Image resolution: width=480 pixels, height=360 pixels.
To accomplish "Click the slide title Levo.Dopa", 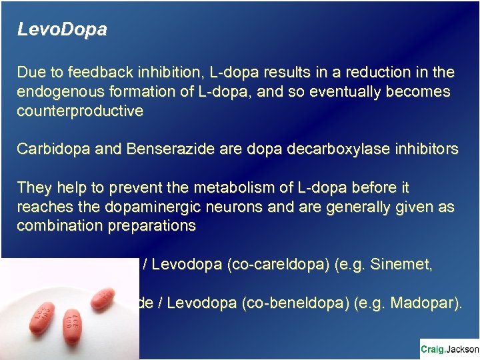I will click(x=61, y=31).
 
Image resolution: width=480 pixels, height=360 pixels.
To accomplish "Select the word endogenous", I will click(x=58, y=91).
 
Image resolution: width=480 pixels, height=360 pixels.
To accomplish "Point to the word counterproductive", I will click(x=80, y=111).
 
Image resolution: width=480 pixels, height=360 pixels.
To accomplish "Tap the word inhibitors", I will click(x=423, y=149).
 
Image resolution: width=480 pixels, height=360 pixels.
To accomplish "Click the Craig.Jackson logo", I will click(x=449, y=349).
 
